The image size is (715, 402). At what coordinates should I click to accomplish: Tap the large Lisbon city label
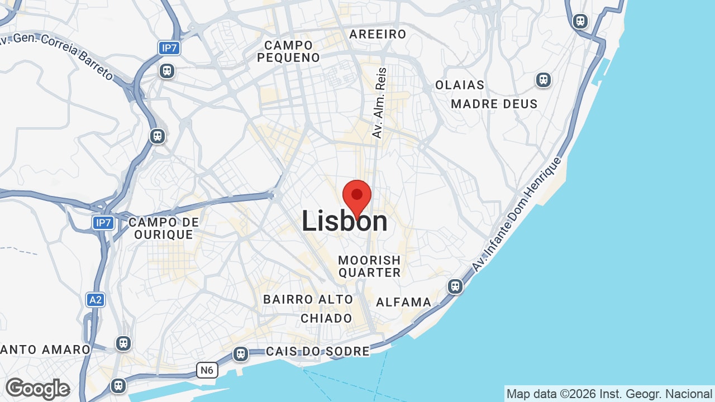tap(345, 221)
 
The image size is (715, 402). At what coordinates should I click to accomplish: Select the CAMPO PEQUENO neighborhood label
tap(289, 51)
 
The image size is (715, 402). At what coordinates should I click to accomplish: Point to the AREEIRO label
tap(378, 35)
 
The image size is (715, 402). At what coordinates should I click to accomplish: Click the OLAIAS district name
tap(460, 85)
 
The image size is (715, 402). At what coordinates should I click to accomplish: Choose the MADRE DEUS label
tap(494, 104)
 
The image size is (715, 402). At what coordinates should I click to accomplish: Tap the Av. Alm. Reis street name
tap(379, 103)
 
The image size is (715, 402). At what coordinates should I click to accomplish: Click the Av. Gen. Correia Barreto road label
tap(56, 55)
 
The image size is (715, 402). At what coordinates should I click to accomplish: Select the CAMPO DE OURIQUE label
tap(164, 228)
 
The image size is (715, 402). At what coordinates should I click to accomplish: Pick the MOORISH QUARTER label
tap(369, 266)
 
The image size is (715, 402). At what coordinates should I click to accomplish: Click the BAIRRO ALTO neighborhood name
tap(308, 300)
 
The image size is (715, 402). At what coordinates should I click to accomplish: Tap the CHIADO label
tap(327, 318)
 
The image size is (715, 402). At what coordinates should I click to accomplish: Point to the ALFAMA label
tap(403, 303)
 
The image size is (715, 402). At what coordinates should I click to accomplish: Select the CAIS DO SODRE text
tap(318, 351)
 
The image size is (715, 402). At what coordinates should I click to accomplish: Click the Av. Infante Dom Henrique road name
tap(517, 215)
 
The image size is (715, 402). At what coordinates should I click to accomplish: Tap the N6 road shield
tap(207, 370)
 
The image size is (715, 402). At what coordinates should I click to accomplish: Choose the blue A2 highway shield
tap(96, 300)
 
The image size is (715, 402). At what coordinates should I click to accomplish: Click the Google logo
tap(37, 389)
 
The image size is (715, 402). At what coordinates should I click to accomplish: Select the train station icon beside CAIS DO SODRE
tap(241, 354)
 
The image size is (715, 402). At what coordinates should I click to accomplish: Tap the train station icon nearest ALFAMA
tap(455, 286)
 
